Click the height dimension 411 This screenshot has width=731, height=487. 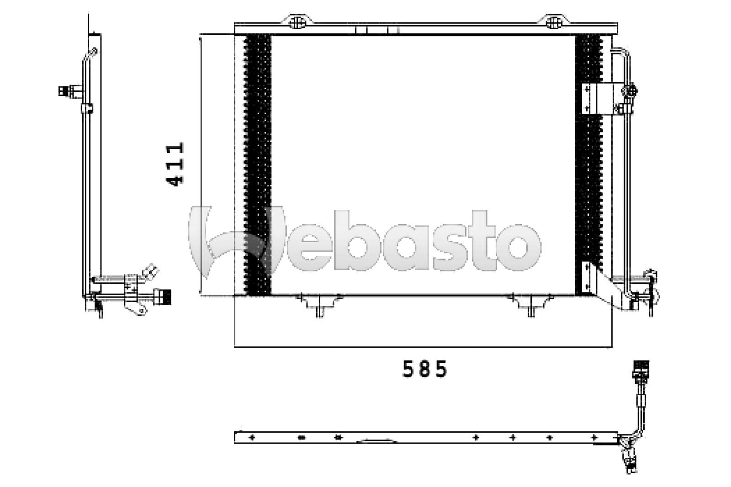(175, 164)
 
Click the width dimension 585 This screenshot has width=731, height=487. (424, 369)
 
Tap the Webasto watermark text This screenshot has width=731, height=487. (365, 242)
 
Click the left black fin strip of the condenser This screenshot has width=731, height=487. (258, 164)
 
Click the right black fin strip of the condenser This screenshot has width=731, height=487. (588, 164)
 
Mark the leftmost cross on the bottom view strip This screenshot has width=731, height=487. (251, 438)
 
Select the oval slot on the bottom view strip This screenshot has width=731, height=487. (301, 438)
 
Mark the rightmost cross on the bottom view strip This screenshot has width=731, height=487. (594, 438)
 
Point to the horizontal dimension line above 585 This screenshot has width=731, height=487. (423, 347)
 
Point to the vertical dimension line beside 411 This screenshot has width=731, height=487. (200, 164)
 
